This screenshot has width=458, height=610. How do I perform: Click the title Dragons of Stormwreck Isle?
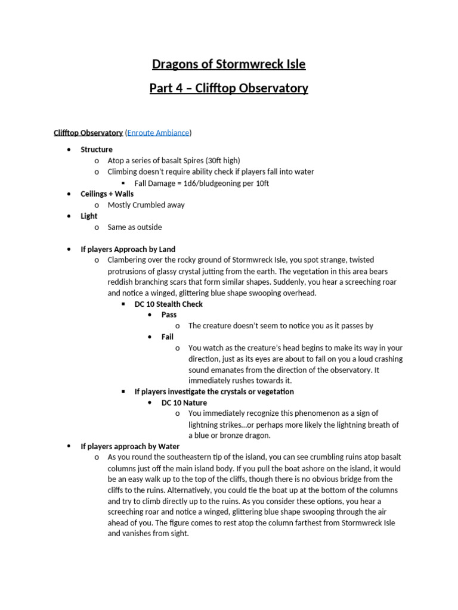click(228, 64)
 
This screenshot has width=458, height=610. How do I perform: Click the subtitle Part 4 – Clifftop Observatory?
click(228, 88)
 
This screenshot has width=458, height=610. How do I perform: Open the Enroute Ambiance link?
click(158, 133)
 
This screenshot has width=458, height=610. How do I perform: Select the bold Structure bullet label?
click(97, 150)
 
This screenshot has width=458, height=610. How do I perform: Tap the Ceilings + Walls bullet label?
click(107, 194)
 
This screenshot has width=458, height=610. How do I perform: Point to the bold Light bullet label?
click(89, 216)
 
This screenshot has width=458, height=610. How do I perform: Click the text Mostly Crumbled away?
click(146, 205)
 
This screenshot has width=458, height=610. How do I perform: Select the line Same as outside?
click(134, 227)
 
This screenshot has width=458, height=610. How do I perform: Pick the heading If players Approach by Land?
click(128, 249)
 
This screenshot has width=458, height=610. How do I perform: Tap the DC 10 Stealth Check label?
click(169, 304)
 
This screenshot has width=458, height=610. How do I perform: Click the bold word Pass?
click(169, 315)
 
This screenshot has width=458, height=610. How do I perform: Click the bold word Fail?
click(168, 337)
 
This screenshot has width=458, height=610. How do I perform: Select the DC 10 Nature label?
click(184, 403)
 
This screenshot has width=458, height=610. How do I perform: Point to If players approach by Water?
click(130, 446)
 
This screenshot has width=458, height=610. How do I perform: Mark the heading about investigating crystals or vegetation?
click(214, 391)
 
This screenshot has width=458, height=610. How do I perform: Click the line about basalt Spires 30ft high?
click(174, 161)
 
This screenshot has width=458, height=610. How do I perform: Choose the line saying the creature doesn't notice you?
click(280, 326)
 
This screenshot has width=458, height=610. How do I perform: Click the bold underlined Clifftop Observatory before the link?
click(88, 133)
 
